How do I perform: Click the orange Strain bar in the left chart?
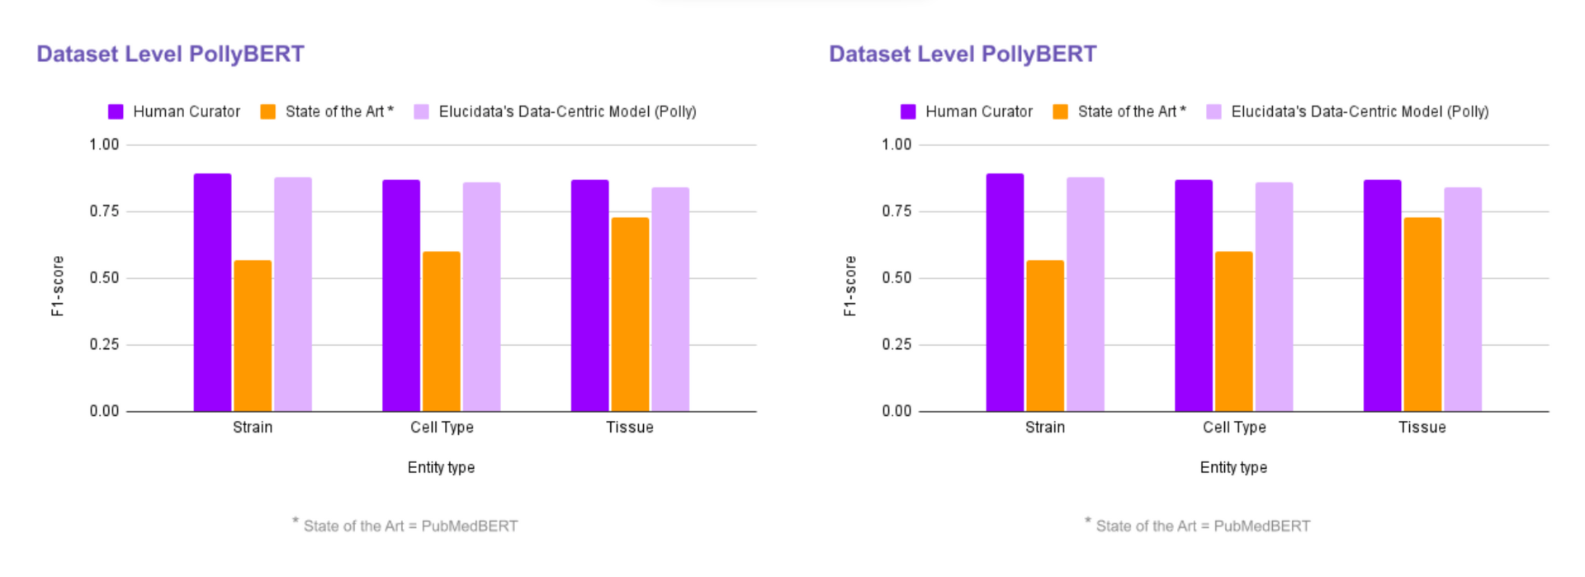pyautogui.click(x=253, y=336)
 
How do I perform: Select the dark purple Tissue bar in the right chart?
pyautogui.click(x=1382, y=296)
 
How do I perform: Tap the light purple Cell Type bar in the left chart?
pyautogui.click(x=481, y=297)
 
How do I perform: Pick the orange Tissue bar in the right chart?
pyautogui.click(x=1422, y=315)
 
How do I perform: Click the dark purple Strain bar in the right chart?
pyautogui.click(x=1005, y=292)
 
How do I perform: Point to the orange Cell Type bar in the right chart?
pyautogui.click(x=1233, y=331)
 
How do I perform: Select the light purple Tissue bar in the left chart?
pyautogui.click(x=670, y=300)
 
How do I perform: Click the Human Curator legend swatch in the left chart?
pyautogui.click(x=116, y=111)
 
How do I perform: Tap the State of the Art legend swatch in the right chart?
pyautogui.click(x=1060, y=111)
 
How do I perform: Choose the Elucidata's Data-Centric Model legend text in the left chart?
pyautogui.click(x=567, y=111)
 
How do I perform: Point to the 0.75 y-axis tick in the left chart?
pyautogui.click(x=104, y=211)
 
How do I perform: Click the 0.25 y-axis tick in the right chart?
pyautogui.click(x=897, y=344)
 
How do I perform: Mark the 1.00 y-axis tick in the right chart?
pyautogui.click(x=897, y=144)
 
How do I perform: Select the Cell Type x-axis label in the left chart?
pyautogui.click(x=442, y=427)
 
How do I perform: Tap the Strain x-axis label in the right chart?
pyautogui.click(x=1044, y=427)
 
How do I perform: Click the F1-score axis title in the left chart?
pyautogui.click(x=58, y=286)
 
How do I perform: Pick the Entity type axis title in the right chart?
pyautogui.click(x=1233, y=467)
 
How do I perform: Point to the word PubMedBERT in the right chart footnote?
pyautogui.click(x=1261, y=526)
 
